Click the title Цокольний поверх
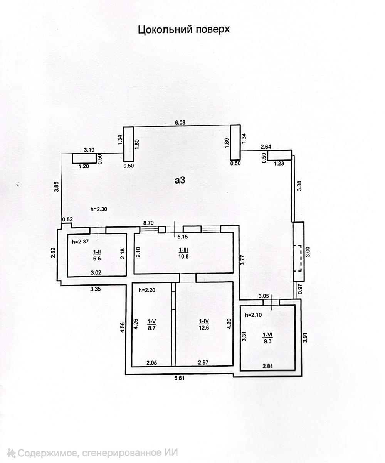[184, 30]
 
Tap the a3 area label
[180, 181]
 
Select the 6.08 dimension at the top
[180, 122]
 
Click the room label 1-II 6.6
[97, 255]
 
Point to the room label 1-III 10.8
[183, 253]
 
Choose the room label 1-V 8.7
[152, 324]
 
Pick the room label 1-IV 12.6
[204, 324]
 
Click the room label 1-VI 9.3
[267, 338]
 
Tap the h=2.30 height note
[99, 209]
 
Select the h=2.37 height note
[80, 242]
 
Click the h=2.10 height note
[254, 315]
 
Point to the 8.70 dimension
[148, 223]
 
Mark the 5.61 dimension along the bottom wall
[179, 378]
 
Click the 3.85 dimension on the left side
[57, 187]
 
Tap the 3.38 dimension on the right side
[299, 186]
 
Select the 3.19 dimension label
[89, 150]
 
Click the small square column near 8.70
[162, 229]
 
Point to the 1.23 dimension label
[279, 164]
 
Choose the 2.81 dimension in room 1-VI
[267, 366]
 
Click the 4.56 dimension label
[123, 327]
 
